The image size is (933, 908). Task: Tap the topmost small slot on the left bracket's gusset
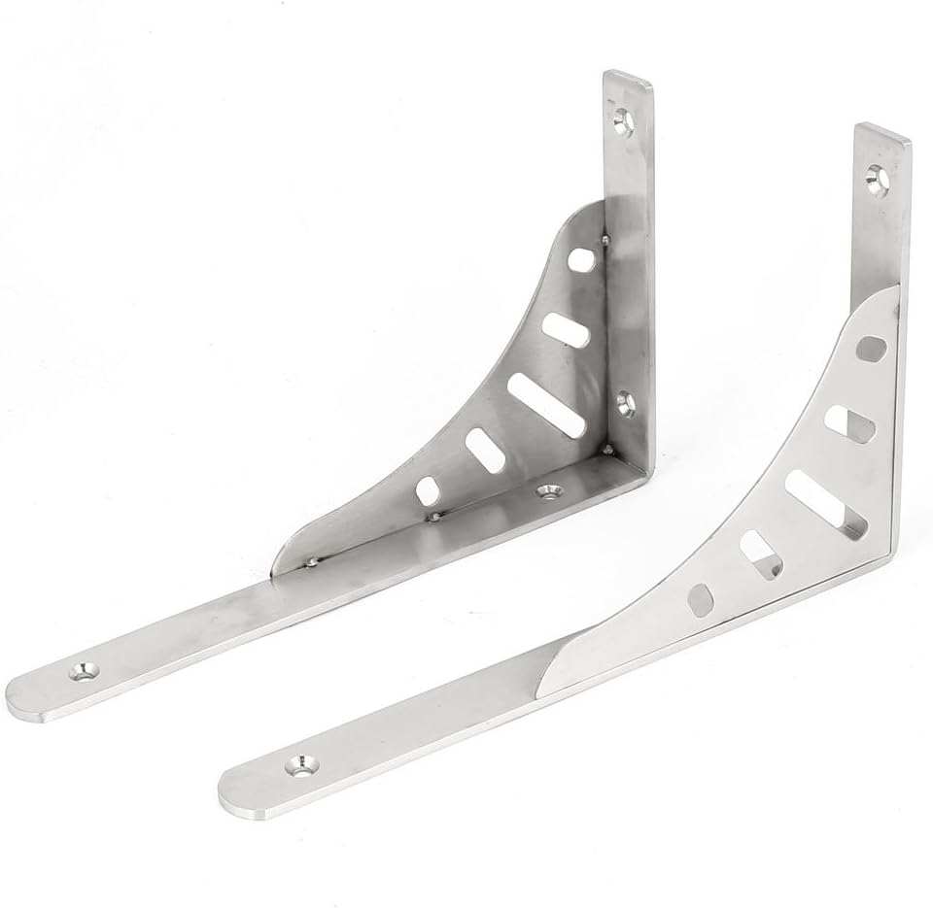(x=582, y=260)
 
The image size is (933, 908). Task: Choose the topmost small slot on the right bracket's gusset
(x=872, y=349)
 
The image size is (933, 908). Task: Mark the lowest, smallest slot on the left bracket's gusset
(x=428, y=488)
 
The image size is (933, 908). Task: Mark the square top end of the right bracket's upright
(x=882, y=135)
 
